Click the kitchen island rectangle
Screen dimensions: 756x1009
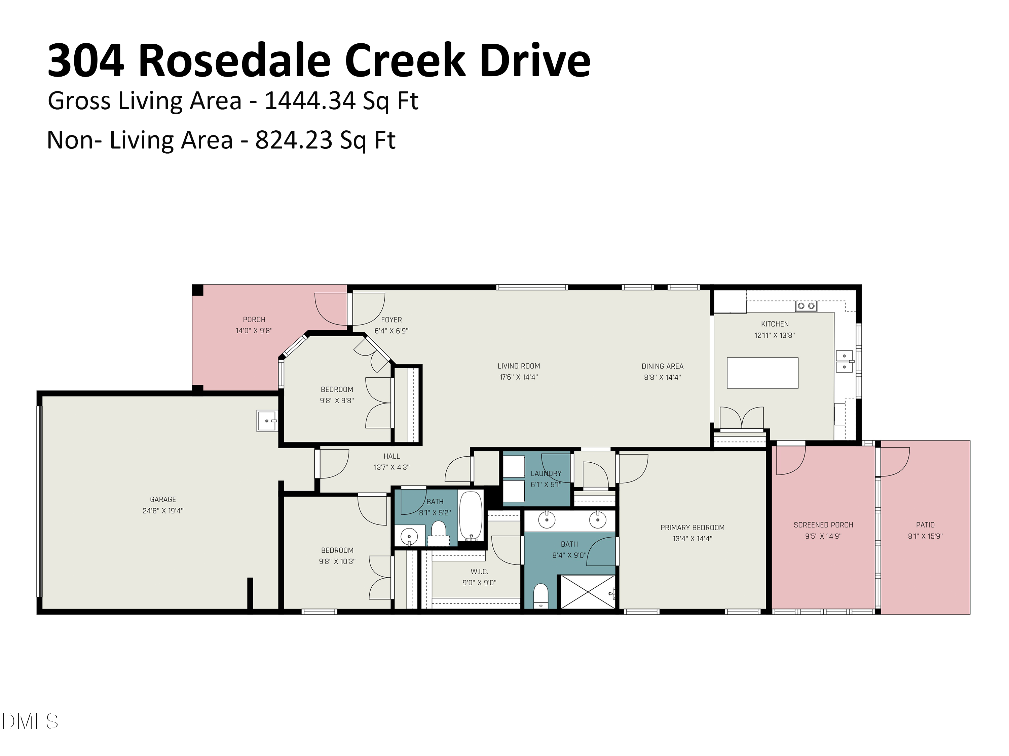point(762,373)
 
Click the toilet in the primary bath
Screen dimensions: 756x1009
point(540,595)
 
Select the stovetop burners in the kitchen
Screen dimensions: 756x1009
point(806,306)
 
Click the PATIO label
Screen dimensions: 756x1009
point(925,524)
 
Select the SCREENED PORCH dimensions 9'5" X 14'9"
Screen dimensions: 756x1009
point(823,536)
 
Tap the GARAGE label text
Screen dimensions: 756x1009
point(163,499)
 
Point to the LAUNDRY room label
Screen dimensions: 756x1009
point(546,473)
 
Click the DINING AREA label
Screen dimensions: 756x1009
point(662,366)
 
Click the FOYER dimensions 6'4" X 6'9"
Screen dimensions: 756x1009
point(391,331)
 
